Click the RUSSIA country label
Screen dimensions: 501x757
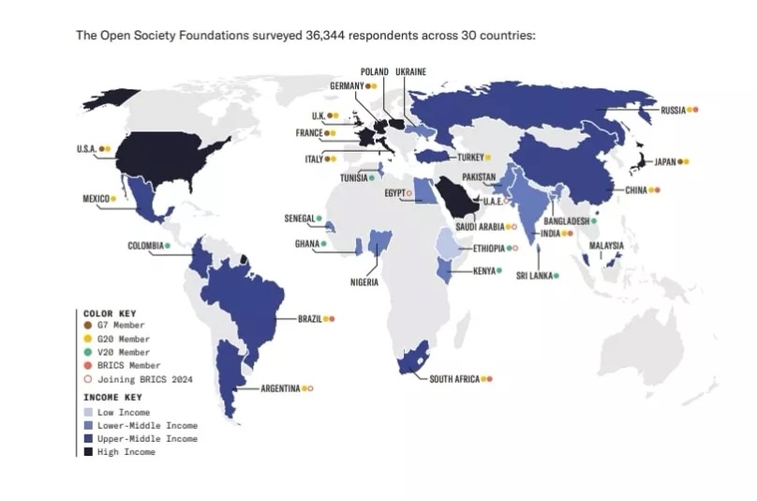click(673, 110)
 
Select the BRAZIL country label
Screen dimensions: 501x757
click(309, 319)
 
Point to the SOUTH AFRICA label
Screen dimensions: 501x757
click(454, 379)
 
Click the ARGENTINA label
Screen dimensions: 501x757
click(281, 388)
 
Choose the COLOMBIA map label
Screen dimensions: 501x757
click(145, 246)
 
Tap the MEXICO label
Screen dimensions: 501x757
click(96, 198)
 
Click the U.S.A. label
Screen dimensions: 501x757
click(86, 148)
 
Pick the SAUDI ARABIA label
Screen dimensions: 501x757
click(480, 226)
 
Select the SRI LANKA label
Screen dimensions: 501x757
click(534, 276)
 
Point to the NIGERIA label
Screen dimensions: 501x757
click(364, 282)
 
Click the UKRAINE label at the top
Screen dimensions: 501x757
click(411, 71)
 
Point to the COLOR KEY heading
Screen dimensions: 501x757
click(110, 312)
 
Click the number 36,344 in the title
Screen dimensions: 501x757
click(324, 36)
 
